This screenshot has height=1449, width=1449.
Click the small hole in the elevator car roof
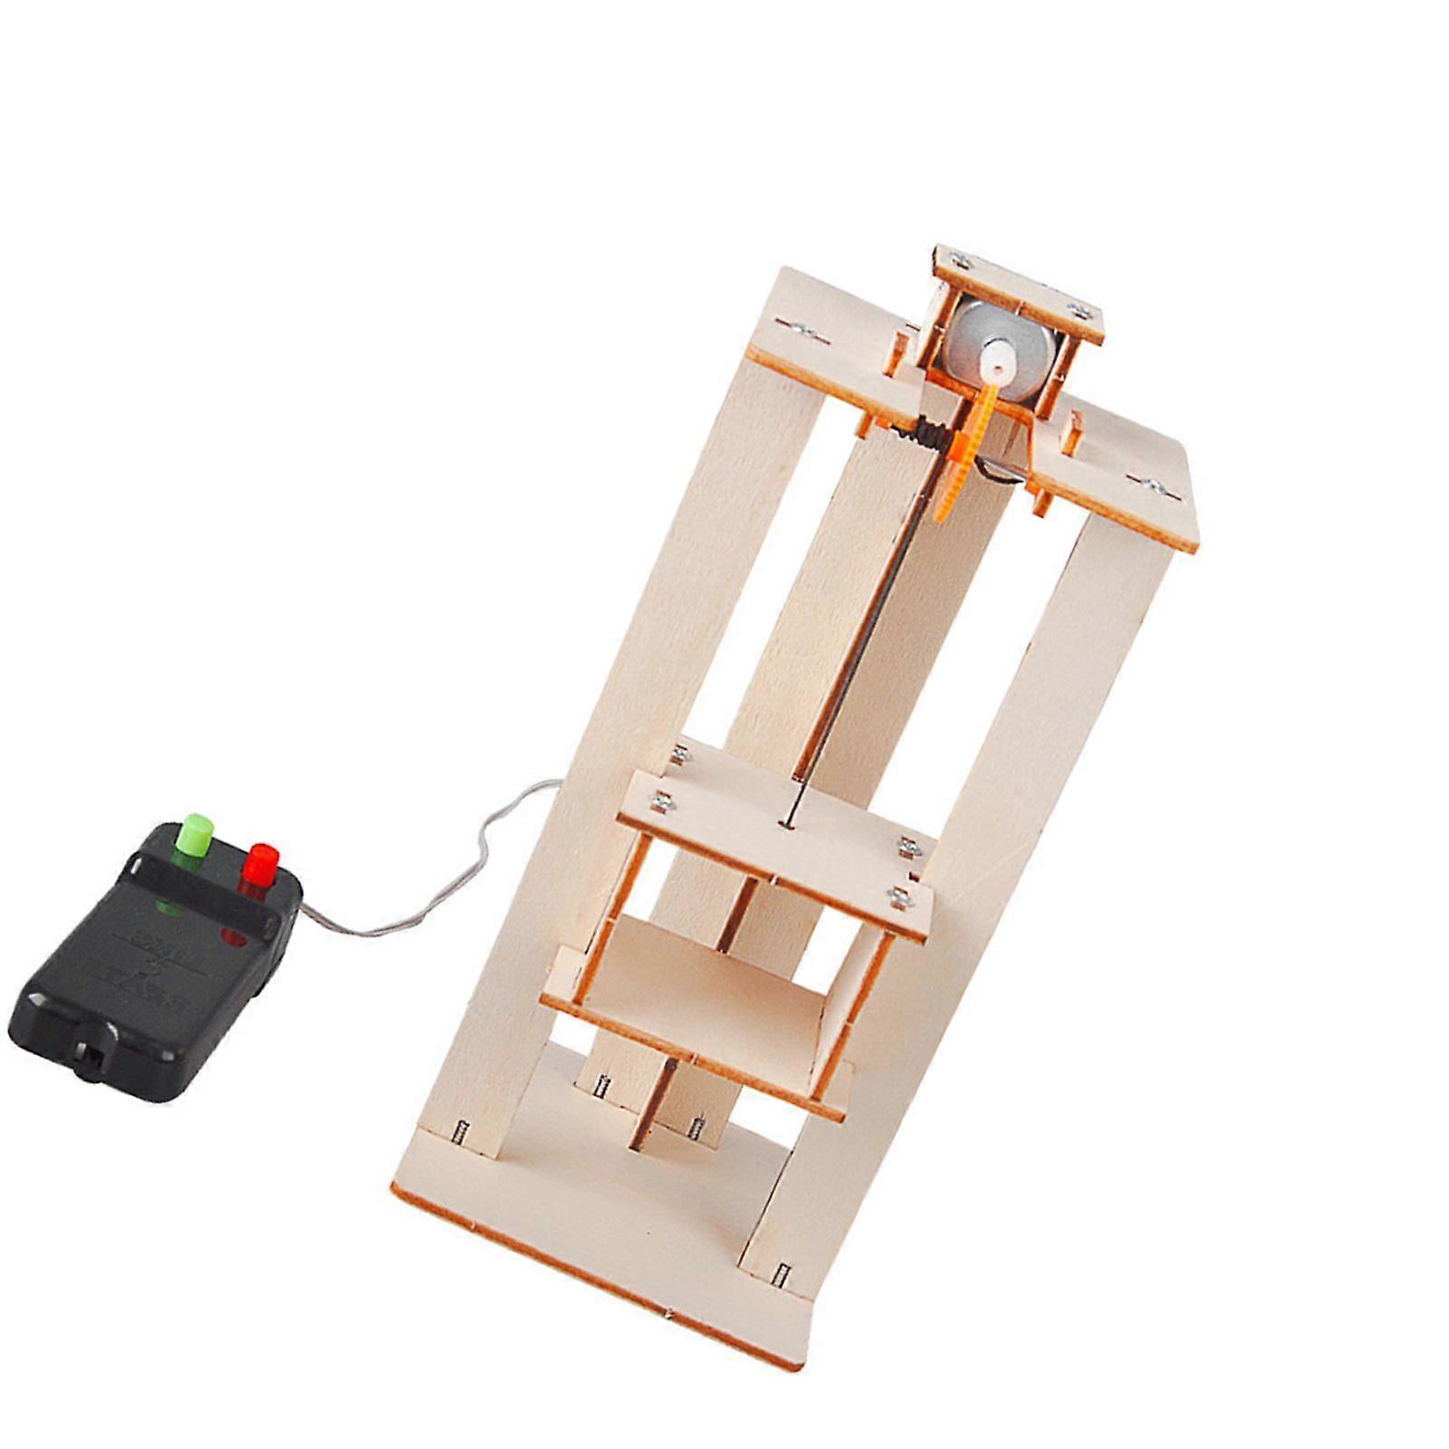[782, 823]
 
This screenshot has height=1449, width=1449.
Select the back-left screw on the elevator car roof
[680, 752]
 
